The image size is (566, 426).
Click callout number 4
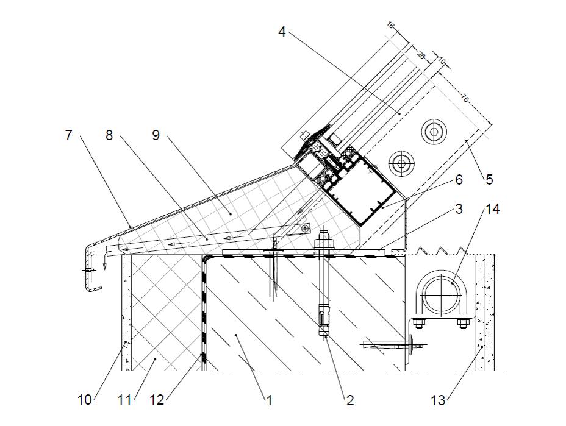(x=282, y=32)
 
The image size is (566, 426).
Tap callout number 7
(x=68, y=135)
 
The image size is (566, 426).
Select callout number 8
(x=109, y=135)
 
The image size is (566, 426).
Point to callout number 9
(x=156, y=135)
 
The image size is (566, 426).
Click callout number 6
(x=459, y=180)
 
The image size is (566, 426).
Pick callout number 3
(x=459, y=210)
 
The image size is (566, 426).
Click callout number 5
(x=489, y=180)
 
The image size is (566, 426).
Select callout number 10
(x=84, y=400)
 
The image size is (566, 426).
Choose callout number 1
(x=269, y=400)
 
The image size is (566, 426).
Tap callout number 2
(x=349, y=400)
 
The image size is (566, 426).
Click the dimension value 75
(x=465, y=99)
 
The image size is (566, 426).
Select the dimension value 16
(x=390, y=26)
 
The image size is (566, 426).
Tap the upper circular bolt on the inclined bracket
(x=434, y=132)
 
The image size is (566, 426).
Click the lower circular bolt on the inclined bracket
(x=401, y=163)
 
